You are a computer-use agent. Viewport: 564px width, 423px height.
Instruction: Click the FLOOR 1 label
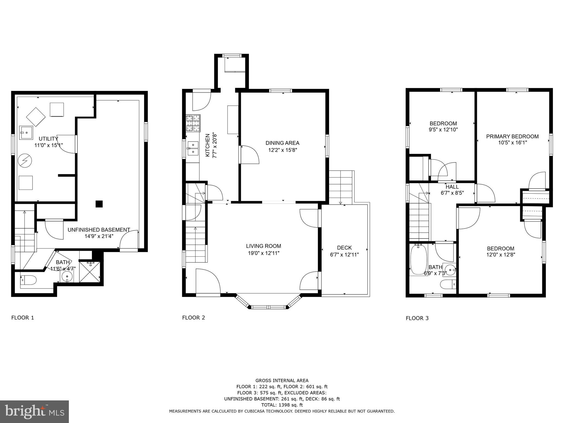pyautogui.click(x=23, y=318)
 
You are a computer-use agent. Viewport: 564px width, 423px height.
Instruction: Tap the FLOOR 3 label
pyautogui.click(x=417, y=318)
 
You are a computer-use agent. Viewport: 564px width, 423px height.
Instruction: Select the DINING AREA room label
pyautogui.click(x=282, y=143)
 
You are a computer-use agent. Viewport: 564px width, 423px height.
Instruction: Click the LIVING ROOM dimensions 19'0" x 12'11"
pyautogui.click(x=264, y=253)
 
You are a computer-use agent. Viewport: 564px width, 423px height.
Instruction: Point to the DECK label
pyautogui.click(x=344, y=248)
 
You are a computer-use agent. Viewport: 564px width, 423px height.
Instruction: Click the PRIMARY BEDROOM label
pyautogui.click(x=512, y=136)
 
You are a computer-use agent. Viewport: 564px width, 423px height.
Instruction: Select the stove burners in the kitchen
pyautogui.click(x=193, y=123)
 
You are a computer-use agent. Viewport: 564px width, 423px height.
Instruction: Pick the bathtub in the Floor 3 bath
pyautogui.click(x=418, y=259)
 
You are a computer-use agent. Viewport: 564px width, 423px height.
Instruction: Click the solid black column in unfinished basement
pyautogui.click(x=99, y=204)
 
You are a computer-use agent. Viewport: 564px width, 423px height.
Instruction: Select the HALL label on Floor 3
pyautogui.click(x=452, y=187)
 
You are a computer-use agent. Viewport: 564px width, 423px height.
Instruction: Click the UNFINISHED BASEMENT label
pyautogui.click(x=99, y=230)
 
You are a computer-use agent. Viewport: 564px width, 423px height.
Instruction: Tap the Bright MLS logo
pyautogui.click(x=34, y=411)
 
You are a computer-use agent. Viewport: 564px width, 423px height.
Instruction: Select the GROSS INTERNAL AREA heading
pyautogui.click(x=282, y=381)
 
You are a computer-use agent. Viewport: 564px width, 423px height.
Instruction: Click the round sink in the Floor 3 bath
pyautogui.click(x=450, y=270)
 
